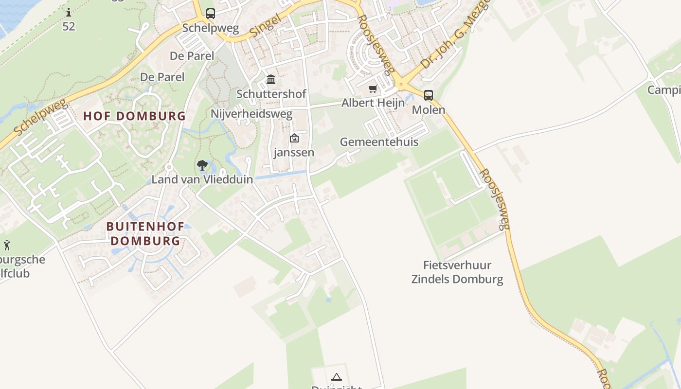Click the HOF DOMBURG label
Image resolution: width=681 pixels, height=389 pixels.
(134, 116)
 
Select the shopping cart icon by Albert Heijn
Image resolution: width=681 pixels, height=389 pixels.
(373, 89)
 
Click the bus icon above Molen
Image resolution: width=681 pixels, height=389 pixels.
(428, 95)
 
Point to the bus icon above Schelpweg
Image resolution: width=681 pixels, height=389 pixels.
(210, 14)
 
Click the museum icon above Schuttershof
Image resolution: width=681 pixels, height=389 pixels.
(271, 80)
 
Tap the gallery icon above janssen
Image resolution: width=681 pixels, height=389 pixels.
(294, 139)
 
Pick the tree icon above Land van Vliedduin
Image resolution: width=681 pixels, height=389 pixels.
(202, 165)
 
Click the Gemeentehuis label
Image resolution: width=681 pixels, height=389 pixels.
(379, 142)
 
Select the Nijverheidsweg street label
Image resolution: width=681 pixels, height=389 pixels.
(251, 114)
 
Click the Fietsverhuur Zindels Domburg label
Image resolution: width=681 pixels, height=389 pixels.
(457, 272)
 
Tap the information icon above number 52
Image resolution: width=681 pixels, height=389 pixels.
(69, 12)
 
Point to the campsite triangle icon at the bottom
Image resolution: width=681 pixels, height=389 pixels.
(336, 377)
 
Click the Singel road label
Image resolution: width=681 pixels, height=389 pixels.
(266, 26)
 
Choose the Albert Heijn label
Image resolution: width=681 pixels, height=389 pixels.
(373, 103)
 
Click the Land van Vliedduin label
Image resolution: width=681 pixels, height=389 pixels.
(202, 179)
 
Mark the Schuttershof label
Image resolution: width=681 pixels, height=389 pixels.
(271, 94)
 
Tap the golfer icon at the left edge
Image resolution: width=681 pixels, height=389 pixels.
(7, 245)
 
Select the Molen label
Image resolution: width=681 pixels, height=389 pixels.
(428, 109)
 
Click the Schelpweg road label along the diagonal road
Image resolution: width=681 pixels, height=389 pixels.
(40, 118)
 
